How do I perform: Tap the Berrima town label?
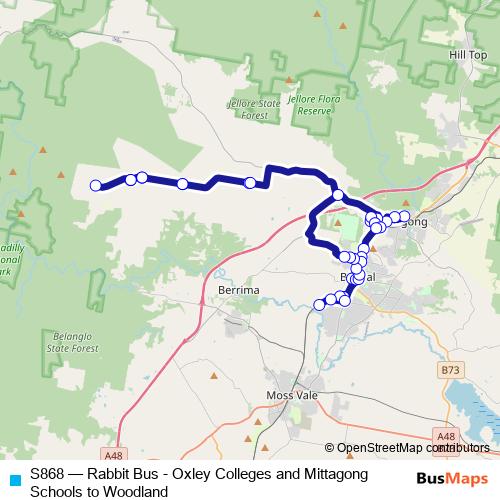[x=238, y=289]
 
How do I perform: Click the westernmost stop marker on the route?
[x=96, y=185]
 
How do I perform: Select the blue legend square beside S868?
[x=14, y=474]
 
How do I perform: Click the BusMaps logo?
[x=451, y=480]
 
